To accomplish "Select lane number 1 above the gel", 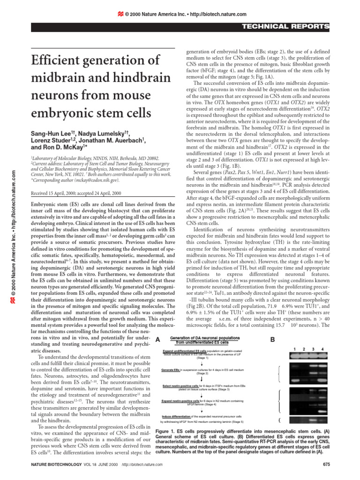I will click(294, 349).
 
